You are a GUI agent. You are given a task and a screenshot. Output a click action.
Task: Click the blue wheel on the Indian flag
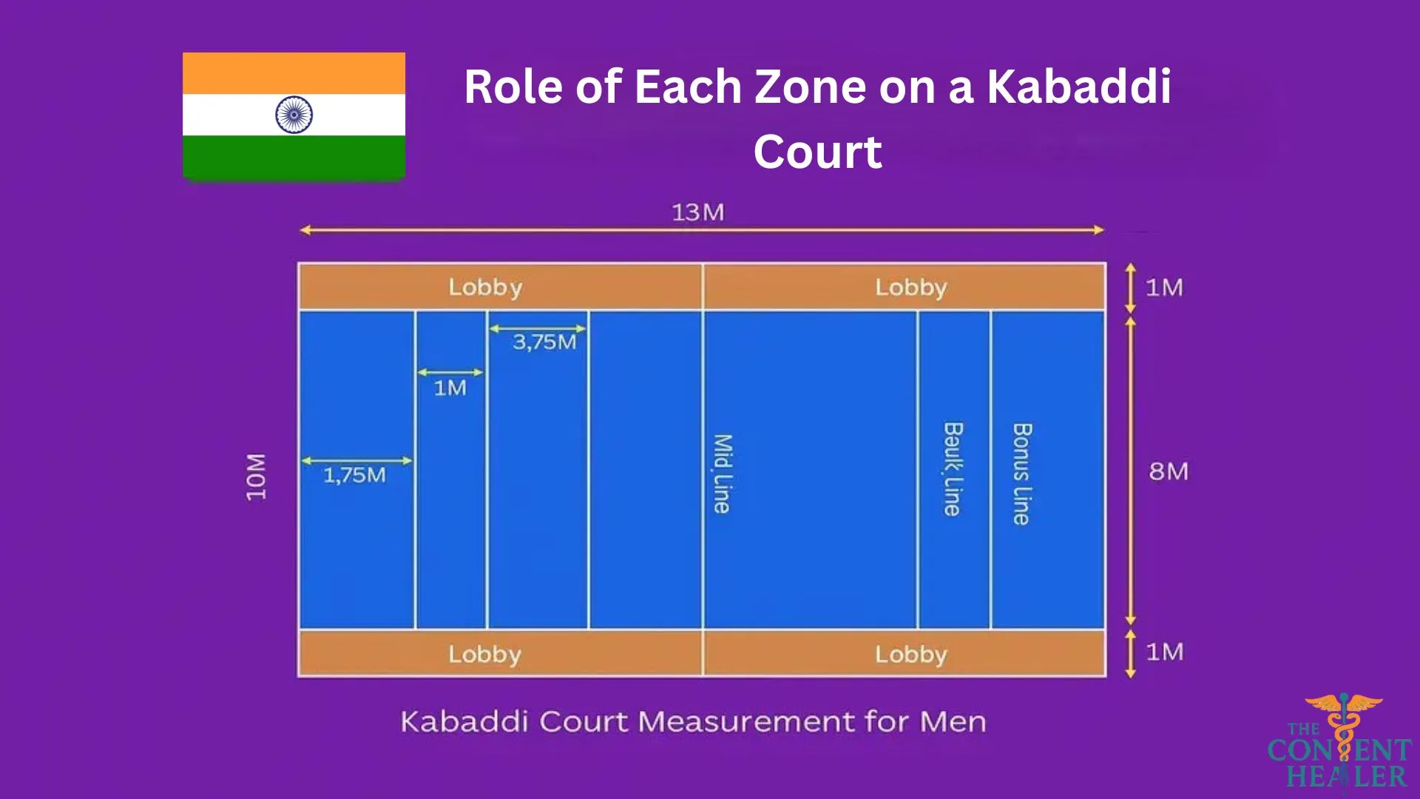pyautogui.click(x=294, y=115)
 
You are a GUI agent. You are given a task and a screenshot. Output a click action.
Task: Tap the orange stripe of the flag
pyautogui.click(x=294, y=73)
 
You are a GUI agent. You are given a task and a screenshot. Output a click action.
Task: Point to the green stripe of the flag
pyautogui.click(x=294, y=158)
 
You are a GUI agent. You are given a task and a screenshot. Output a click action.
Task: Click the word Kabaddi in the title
pyautogui.click(x=1079, y=87)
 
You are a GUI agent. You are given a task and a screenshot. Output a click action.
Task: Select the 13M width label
pyautogui.click(x=697, y=212)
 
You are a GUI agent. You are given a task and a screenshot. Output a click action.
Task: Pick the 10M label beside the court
pyautogui.click(x=256, y=477)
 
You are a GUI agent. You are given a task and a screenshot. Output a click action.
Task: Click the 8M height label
pyautogui.click(x=1169, y=471)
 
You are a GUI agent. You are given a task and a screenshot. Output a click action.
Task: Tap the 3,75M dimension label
pyautogui.click(x=544, y=342)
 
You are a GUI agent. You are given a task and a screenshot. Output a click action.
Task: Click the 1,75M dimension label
pyautogui.click(x=354, y=475)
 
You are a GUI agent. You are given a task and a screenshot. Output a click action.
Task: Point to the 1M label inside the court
pyautogui.click(x=450, y=388)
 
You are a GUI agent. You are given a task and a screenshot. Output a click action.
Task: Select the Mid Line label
pyautogui.click(x=722, y=473)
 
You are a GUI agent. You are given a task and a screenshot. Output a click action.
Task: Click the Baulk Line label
pyautogui.click(x=953, y=469)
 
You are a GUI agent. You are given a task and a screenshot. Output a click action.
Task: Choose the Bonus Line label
pyautogui.click(x=1021, y=473)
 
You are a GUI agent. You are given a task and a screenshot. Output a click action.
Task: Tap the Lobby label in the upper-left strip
pyautogui.click(x=485, y=287)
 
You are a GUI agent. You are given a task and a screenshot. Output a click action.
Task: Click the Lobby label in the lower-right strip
pyautogui.click(x=911, y=654)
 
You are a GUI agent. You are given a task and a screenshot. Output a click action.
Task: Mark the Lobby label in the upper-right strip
pyautogui.click(x=911, y=287)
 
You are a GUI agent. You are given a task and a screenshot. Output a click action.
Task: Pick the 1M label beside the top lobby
pyautogui.click(x=1164, y=287)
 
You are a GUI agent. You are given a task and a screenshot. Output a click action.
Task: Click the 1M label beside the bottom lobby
pyautogui.click(x=1164, y=652)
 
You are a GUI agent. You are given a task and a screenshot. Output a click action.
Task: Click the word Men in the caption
pyautogui.click(x=953, y=721)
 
